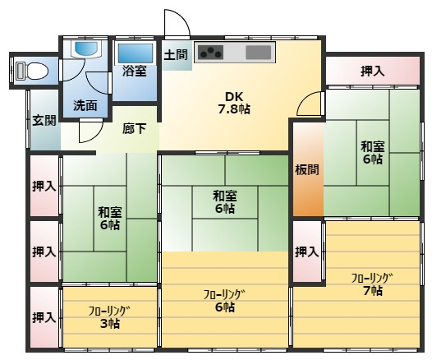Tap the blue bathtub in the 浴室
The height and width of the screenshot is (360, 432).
coord(136,53)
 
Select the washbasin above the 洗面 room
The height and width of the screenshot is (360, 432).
coord(86,49)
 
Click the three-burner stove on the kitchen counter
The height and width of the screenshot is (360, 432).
coord(211,52)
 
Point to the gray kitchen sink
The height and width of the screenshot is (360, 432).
coord(258,53)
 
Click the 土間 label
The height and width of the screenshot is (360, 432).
coord(176,55)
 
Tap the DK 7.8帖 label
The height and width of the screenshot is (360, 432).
coord(234,104)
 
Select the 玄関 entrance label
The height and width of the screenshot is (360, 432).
coord(44,121)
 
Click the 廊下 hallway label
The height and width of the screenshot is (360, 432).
coord(134,129)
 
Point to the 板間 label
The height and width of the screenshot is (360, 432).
coord(307,169)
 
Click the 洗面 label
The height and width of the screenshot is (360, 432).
coord(85,106)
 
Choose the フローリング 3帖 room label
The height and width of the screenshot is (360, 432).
coord(109,317)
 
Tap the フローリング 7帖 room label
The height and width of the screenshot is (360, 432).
coord(372,284)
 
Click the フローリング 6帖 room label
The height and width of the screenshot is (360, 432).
coord(224,301)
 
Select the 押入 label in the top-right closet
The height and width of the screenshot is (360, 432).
coord(373,72)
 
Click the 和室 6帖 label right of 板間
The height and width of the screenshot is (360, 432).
coord(373,153)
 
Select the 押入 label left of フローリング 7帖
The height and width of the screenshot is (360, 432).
coord(306,252)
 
